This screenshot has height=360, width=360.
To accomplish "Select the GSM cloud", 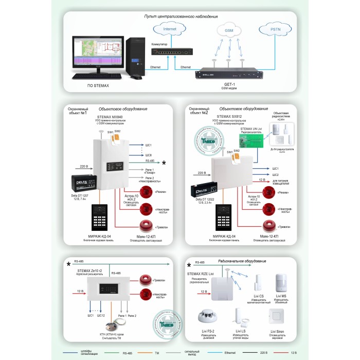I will coord(229,31).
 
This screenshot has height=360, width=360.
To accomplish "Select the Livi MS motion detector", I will coord(281,283).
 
